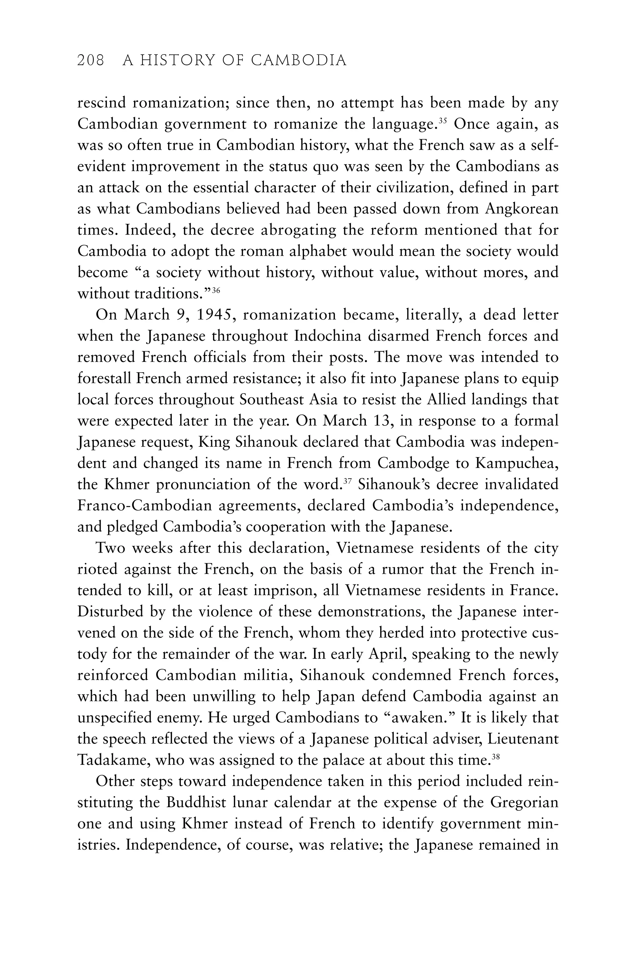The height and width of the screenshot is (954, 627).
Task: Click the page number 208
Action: pyautogui.click(x=91, y=61)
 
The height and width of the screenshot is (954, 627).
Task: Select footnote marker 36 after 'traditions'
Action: pyautogui.click(x=216, y=289)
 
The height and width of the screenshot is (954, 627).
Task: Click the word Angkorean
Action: pyautogui.click(x=521, y=209)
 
